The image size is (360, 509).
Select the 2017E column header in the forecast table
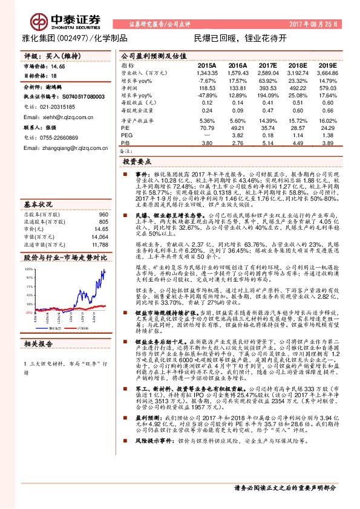pos(267,65)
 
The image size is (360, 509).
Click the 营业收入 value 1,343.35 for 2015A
pos(206,72)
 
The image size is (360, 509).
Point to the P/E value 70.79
pos(208,128)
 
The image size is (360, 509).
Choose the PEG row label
pos(126,136)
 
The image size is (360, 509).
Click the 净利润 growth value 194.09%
pos(266,96)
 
